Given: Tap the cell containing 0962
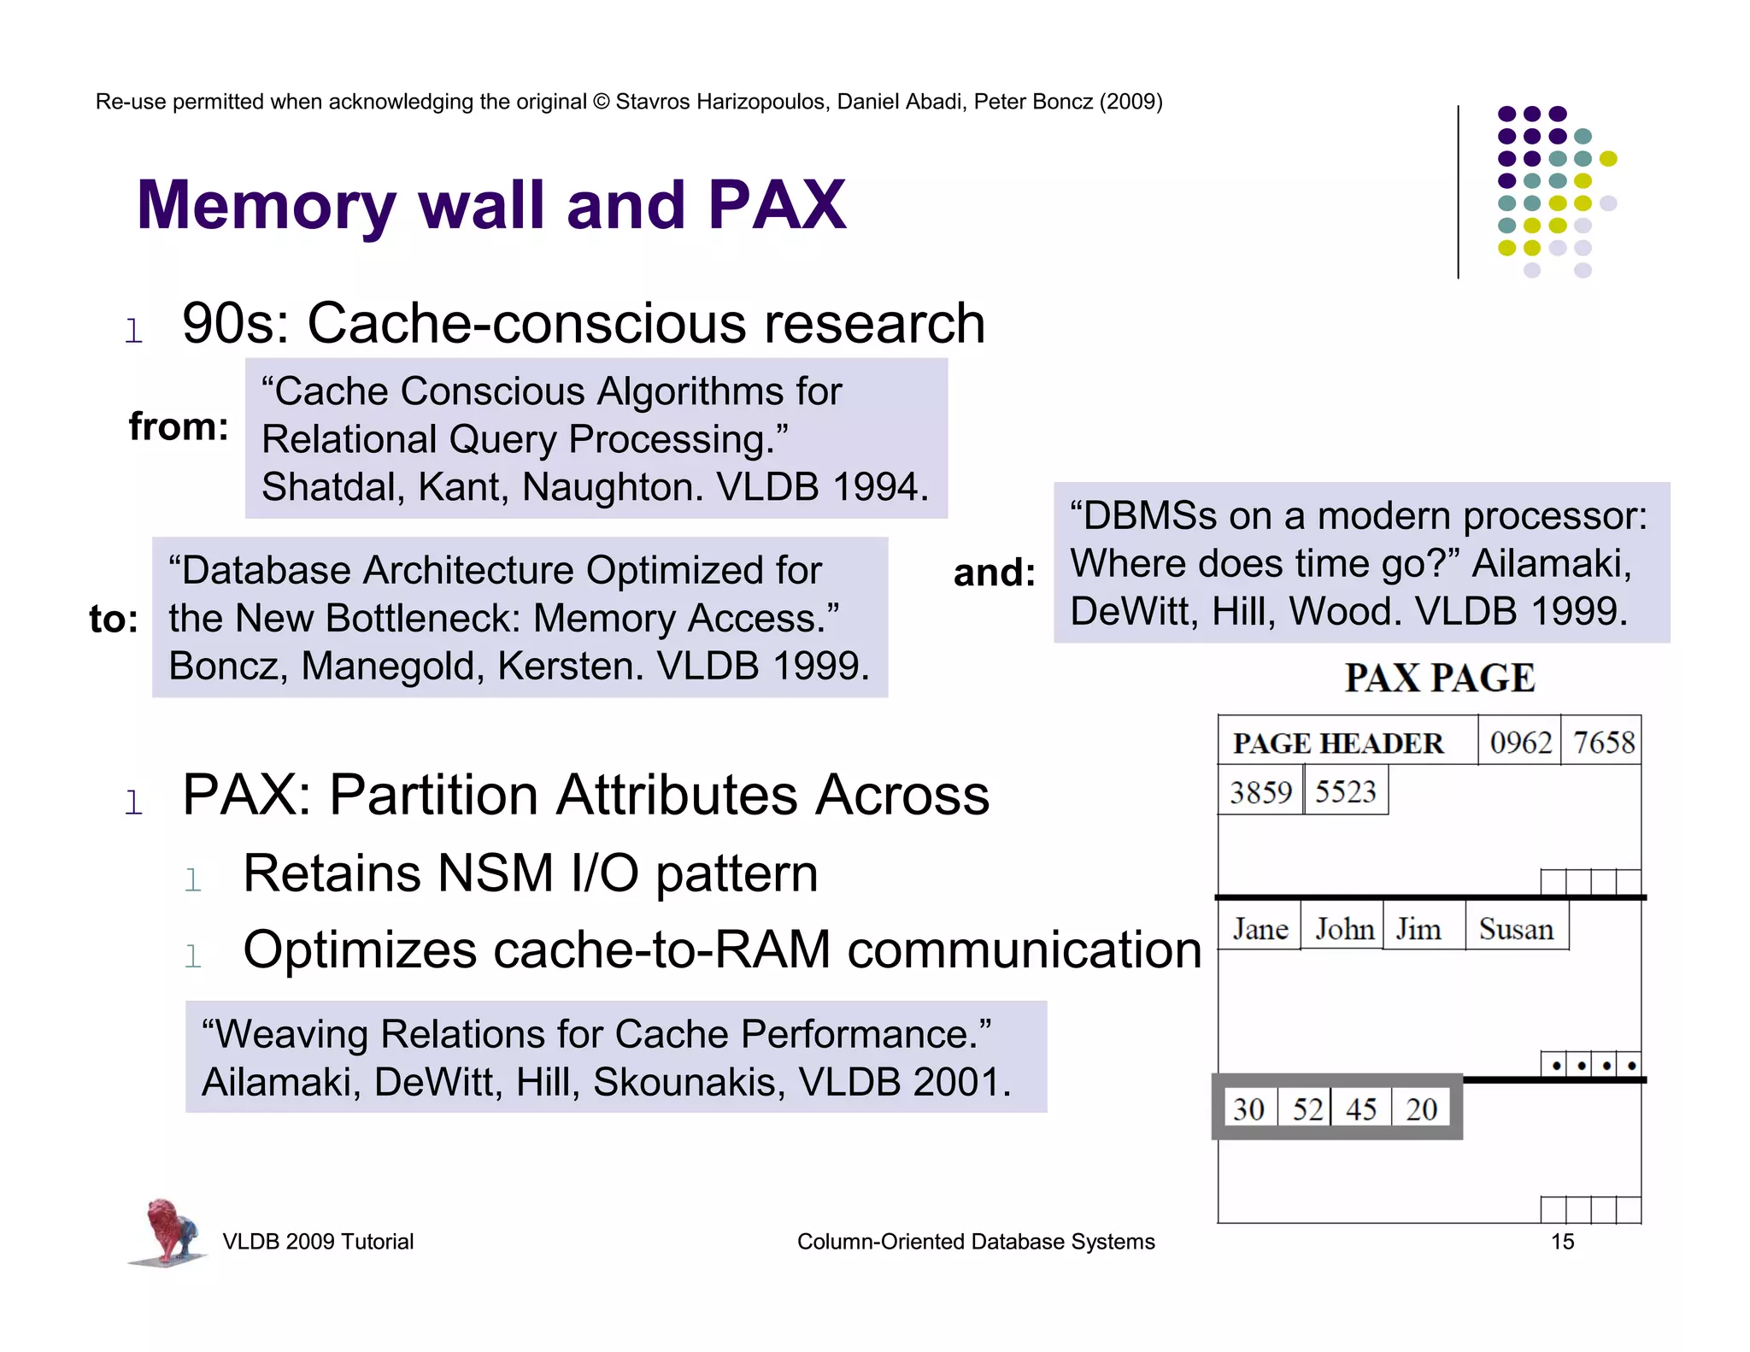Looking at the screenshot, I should pyautogui.click(x=1520, y=742).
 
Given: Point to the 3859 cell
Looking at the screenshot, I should pyautogui.click(x=1260, y=791).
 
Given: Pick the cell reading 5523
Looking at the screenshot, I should pyautogui.click(x=1345, y=791).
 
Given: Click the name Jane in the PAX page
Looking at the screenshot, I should pyautogui.click(x=1260, y=929).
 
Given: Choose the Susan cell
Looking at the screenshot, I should pyautogui.click(x=1516, y=929).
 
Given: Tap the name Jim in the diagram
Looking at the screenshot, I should pyautogui.click(x=1418, y=929).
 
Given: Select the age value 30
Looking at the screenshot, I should pyautogui.click(x=1248, y=1109).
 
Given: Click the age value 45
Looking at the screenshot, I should pyautogui.click(x=1360, y=1109).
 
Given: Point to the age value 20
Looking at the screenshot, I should pyautogui.click(x=1421, y=1109).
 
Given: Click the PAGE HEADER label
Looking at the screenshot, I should pyautogui.click(x=1338, y=744).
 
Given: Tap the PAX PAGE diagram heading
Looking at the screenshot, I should pyautogui.click(x=1440, y=679).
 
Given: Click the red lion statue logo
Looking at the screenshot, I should pyautogui.click(x=169, y=1231).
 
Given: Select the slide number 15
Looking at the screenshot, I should pyautogui.click(x=1562, y=1242).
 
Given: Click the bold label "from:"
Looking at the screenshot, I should pyautogui.click(x=179, y=426).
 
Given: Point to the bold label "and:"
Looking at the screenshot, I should pyautogui.click(x=994, y=573).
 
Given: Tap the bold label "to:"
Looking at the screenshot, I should pyautogui.click(x=114, y=619).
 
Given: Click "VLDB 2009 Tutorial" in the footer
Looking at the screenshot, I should pyautogui.click(x=318, y=1242).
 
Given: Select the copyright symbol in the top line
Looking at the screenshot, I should pyautogui.click(x=602, y=102).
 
